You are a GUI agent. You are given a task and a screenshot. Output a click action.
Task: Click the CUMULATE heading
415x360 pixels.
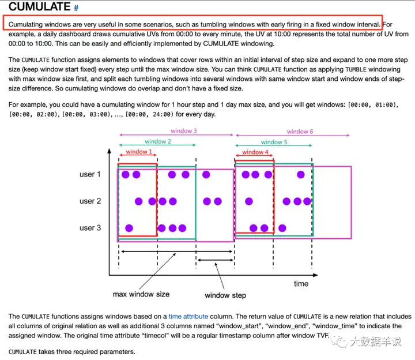39,7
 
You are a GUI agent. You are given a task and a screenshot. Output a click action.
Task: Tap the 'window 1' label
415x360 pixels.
137,152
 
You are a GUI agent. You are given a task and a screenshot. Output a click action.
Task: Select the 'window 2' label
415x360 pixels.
157,141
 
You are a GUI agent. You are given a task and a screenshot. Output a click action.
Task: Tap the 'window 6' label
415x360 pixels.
300,131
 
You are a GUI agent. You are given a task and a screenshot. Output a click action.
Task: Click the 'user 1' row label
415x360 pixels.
90,174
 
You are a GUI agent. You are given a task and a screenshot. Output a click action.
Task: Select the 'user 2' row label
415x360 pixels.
90,201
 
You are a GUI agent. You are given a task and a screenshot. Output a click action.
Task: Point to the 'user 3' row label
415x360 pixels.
90,228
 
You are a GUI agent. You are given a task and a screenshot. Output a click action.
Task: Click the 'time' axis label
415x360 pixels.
301,283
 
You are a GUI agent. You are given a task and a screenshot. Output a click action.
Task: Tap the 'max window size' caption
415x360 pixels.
141,294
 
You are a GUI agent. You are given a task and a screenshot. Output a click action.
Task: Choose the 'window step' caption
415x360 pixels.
225,295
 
